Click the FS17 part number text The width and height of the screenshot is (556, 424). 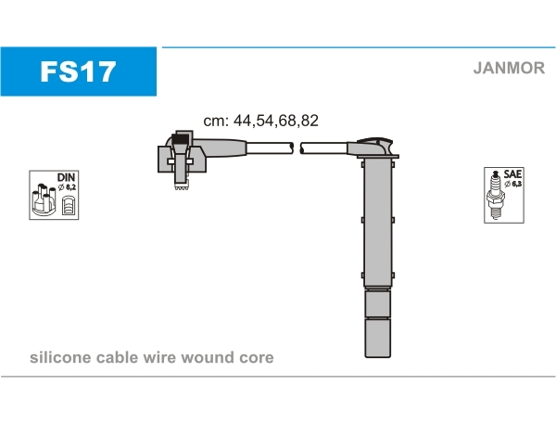[78, 71]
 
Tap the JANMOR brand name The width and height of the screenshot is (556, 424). [509, 68]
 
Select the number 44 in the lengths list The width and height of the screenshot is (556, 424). [242, 121]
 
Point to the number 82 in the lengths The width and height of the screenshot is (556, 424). [310, 121]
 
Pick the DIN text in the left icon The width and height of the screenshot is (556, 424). [67, 177]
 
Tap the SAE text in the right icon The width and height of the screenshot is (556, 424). [512, 174]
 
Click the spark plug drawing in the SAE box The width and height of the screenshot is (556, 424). [496, 196]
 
